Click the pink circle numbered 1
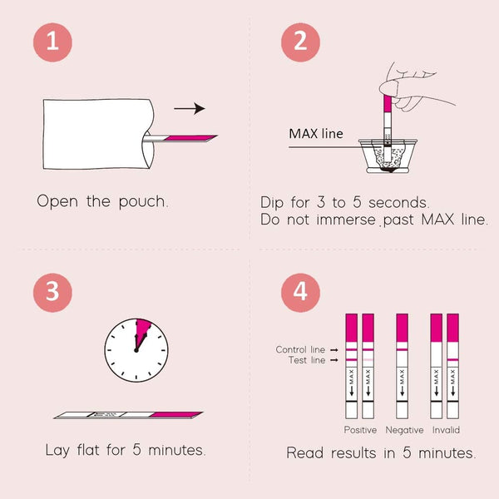point(52,43)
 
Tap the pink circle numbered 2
point(300,43)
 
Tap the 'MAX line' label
point(315,133)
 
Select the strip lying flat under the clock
point(128,413)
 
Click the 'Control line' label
point(301,350)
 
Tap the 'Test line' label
point(307,360)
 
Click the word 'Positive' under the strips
point(360,430)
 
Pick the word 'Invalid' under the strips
point(445,430)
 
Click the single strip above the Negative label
point(403,366)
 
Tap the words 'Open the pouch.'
point(102,201)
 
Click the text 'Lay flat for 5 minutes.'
point(126,451)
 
